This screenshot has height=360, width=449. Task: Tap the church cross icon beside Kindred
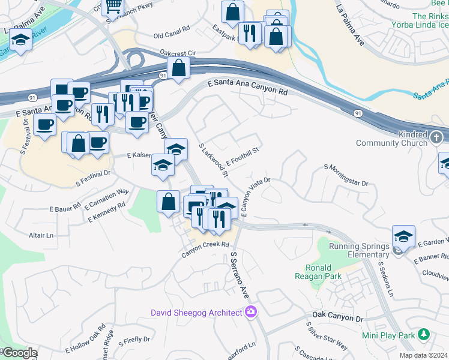point(437,139)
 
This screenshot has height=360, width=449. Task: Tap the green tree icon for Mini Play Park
point(424,334)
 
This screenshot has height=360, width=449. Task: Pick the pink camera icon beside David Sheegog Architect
point(251,312)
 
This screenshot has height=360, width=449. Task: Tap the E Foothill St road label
point(242,156)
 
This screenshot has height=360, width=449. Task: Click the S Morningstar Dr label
point(345,175)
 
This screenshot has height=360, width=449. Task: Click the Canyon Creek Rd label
point(206,249)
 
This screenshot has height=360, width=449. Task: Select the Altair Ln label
point(41,235)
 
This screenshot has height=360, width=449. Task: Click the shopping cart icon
point(112,6)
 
